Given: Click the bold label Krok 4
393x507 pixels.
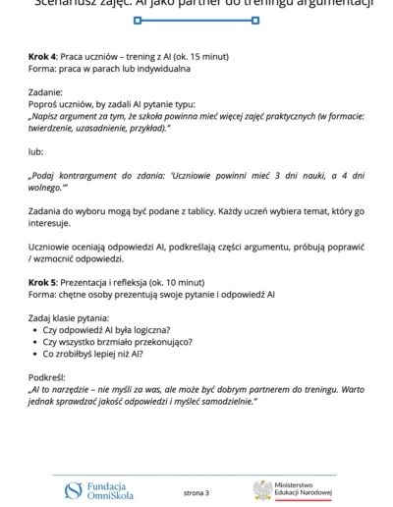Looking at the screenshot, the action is (x=43, y=58).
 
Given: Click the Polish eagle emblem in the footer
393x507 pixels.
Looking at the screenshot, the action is (x=261, y=489).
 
